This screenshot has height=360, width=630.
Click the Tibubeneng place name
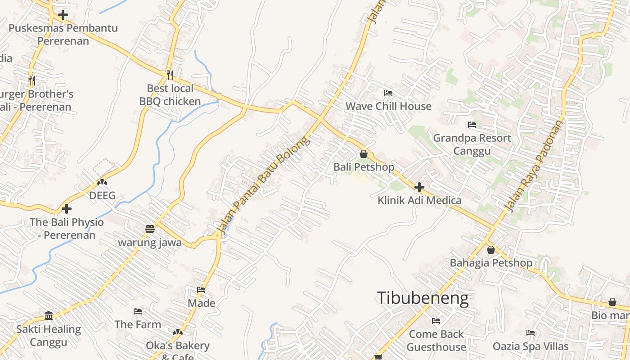tap(423, 298)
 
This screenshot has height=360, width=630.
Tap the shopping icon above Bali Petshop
tap(364, 154)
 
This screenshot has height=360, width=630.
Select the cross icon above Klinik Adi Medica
tap(419, 187)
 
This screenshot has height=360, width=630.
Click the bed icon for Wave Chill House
tap(388, 93)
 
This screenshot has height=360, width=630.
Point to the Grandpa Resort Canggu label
tap(472, 144)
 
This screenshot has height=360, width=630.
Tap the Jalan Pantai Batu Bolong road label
tap(264, 185)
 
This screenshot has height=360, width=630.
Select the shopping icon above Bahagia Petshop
tap(491, 249)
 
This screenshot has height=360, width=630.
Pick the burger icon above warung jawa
tap(150, 229)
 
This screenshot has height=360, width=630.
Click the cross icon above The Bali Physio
tap(67, 209)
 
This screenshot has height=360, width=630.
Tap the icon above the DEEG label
tap(102, 182)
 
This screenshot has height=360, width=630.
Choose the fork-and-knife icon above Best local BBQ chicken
tap(170, 75)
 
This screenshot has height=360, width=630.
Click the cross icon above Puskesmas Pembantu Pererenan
tap(63, 15)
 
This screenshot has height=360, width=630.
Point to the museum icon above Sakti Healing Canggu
tap(49, 315)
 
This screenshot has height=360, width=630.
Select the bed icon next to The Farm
tap(138, 311)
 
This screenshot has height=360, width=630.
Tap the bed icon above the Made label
tap(201, 290)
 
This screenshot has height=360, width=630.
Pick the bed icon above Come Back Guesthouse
tap(436, 321)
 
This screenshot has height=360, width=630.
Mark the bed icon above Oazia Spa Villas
tap(531, 333)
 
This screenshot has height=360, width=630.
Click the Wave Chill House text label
tap(388, 106)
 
